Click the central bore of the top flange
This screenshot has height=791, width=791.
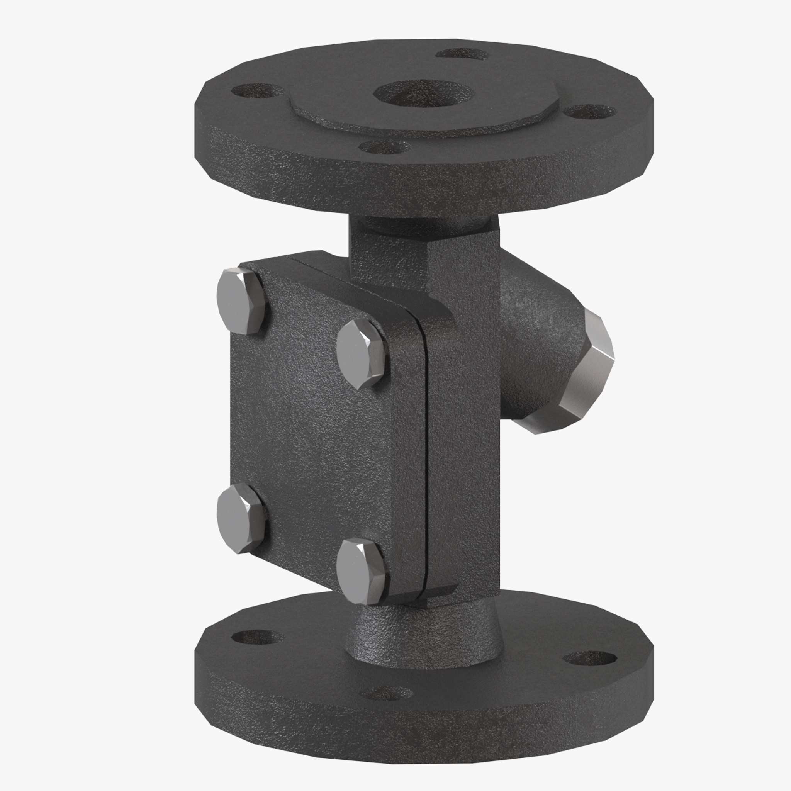(424, 94)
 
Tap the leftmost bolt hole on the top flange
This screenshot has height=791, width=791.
(252, 90)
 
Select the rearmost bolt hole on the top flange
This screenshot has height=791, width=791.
(462, 54)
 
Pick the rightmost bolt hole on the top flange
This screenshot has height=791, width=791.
(589, 111)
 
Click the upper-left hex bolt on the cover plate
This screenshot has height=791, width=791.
(241, 301)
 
